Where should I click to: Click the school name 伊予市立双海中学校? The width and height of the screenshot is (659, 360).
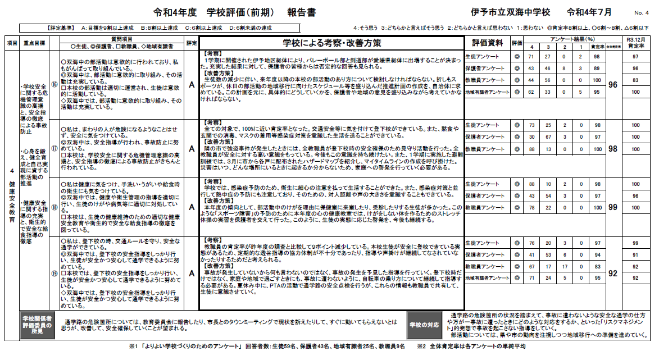coord(511,12)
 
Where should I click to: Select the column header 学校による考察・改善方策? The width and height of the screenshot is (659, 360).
coord(331,43)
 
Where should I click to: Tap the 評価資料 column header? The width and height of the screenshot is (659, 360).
coord(487,43)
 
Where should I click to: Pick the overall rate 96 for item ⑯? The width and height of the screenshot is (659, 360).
coord(613,84)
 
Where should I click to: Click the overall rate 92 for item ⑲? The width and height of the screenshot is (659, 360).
coord(613,272)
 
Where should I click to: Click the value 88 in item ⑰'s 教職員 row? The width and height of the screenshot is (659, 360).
coord(531,149)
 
